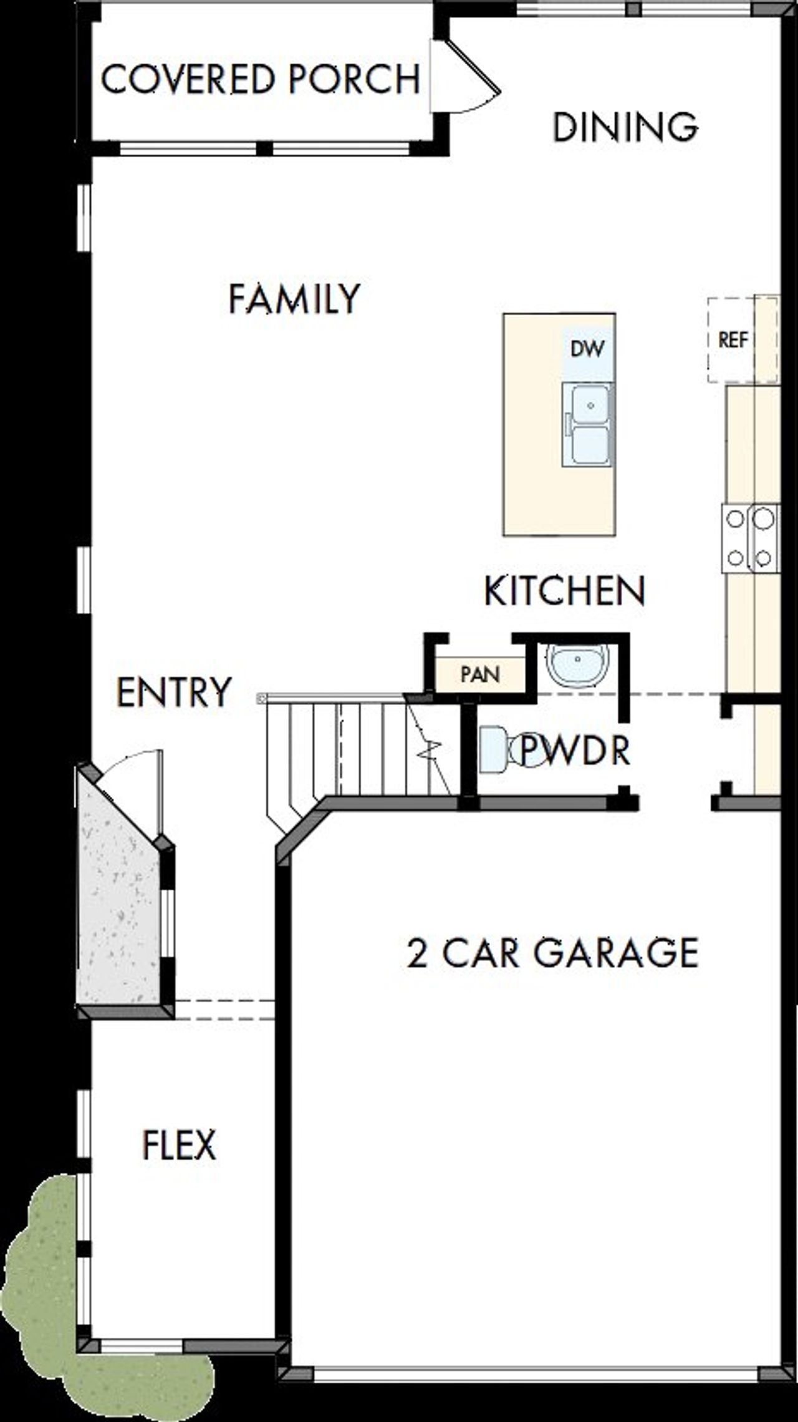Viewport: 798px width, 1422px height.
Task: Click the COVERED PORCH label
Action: pyautogui.click(x=261, y=80)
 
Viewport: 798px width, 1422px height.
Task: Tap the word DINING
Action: pyautogui.click(x=625, y=127)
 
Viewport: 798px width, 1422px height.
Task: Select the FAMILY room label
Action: pyautogui.click(x=294, y=298)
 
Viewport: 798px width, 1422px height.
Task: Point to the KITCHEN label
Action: pyautogui.click(x=564, y=591)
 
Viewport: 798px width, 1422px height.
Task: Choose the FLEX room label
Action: pyautogui.click(x=180, y=1144)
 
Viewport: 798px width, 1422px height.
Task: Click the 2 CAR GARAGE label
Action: pyautogui.click(x=552, y=953)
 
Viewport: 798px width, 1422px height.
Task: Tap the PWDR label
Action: pyautogui.click(x=574, y=751)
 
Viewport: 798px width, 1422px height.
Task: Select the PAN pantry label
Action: pyautogui.click(x=480, y=674)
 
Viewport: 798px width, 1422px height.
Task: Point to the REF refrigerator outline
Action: pyautogui.click(x=733, y=341)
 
